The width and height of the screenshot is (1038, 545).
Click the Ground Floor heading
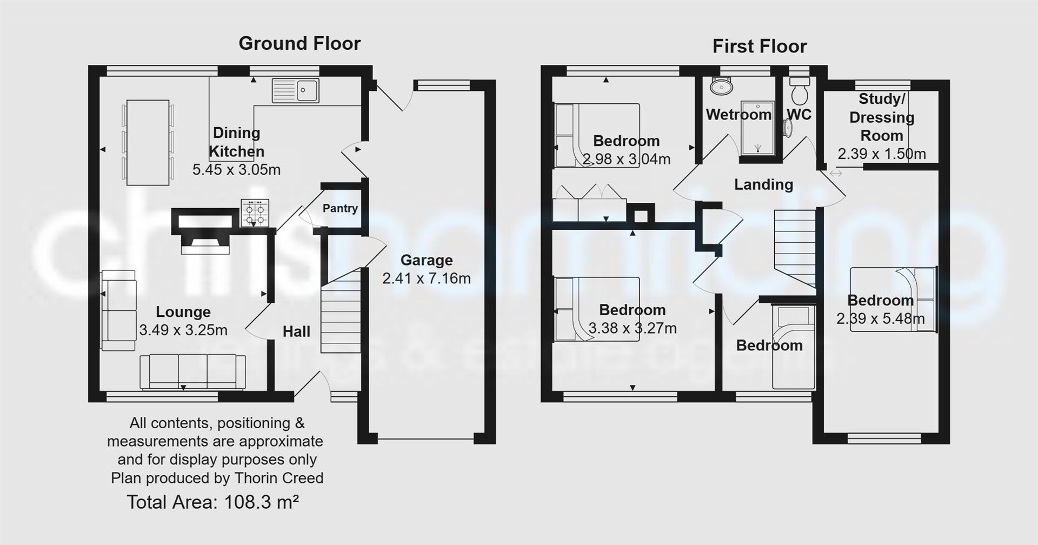coord(300,43)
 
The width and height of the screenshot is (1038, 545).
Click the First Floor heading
coord(759,46)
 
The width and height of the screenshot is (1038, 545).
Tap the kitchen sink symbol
coord(296,90)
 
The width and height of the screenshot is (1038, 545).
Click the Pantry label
coord(340,208)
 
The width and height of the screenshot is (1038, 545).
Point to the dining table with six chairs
coord(148,142)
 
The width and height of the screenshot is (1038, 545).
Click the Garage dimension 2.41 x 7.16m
coord(426,278)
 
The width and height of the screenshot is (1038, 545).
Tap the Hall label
coord(296,331)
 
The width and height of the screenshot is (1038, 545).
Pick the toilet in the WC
coord(799,92)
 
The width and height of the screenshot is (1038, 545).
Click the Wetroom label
coord(738,115)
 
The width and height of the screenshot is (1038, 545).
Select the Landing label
coord(763,184)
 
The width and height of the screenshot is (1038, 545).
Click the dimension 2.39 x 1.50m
coord(881,154)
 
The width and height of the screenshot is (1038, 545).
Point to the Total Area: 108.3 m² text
coord(212,502)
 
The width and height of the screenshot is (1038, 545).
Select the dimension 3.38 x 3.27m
coord(632,328)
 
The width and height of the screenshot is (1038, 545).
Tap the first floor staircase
coord(794,247)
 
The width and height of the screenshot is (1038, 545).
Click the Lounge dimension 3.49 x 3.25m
coord(183,330)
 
